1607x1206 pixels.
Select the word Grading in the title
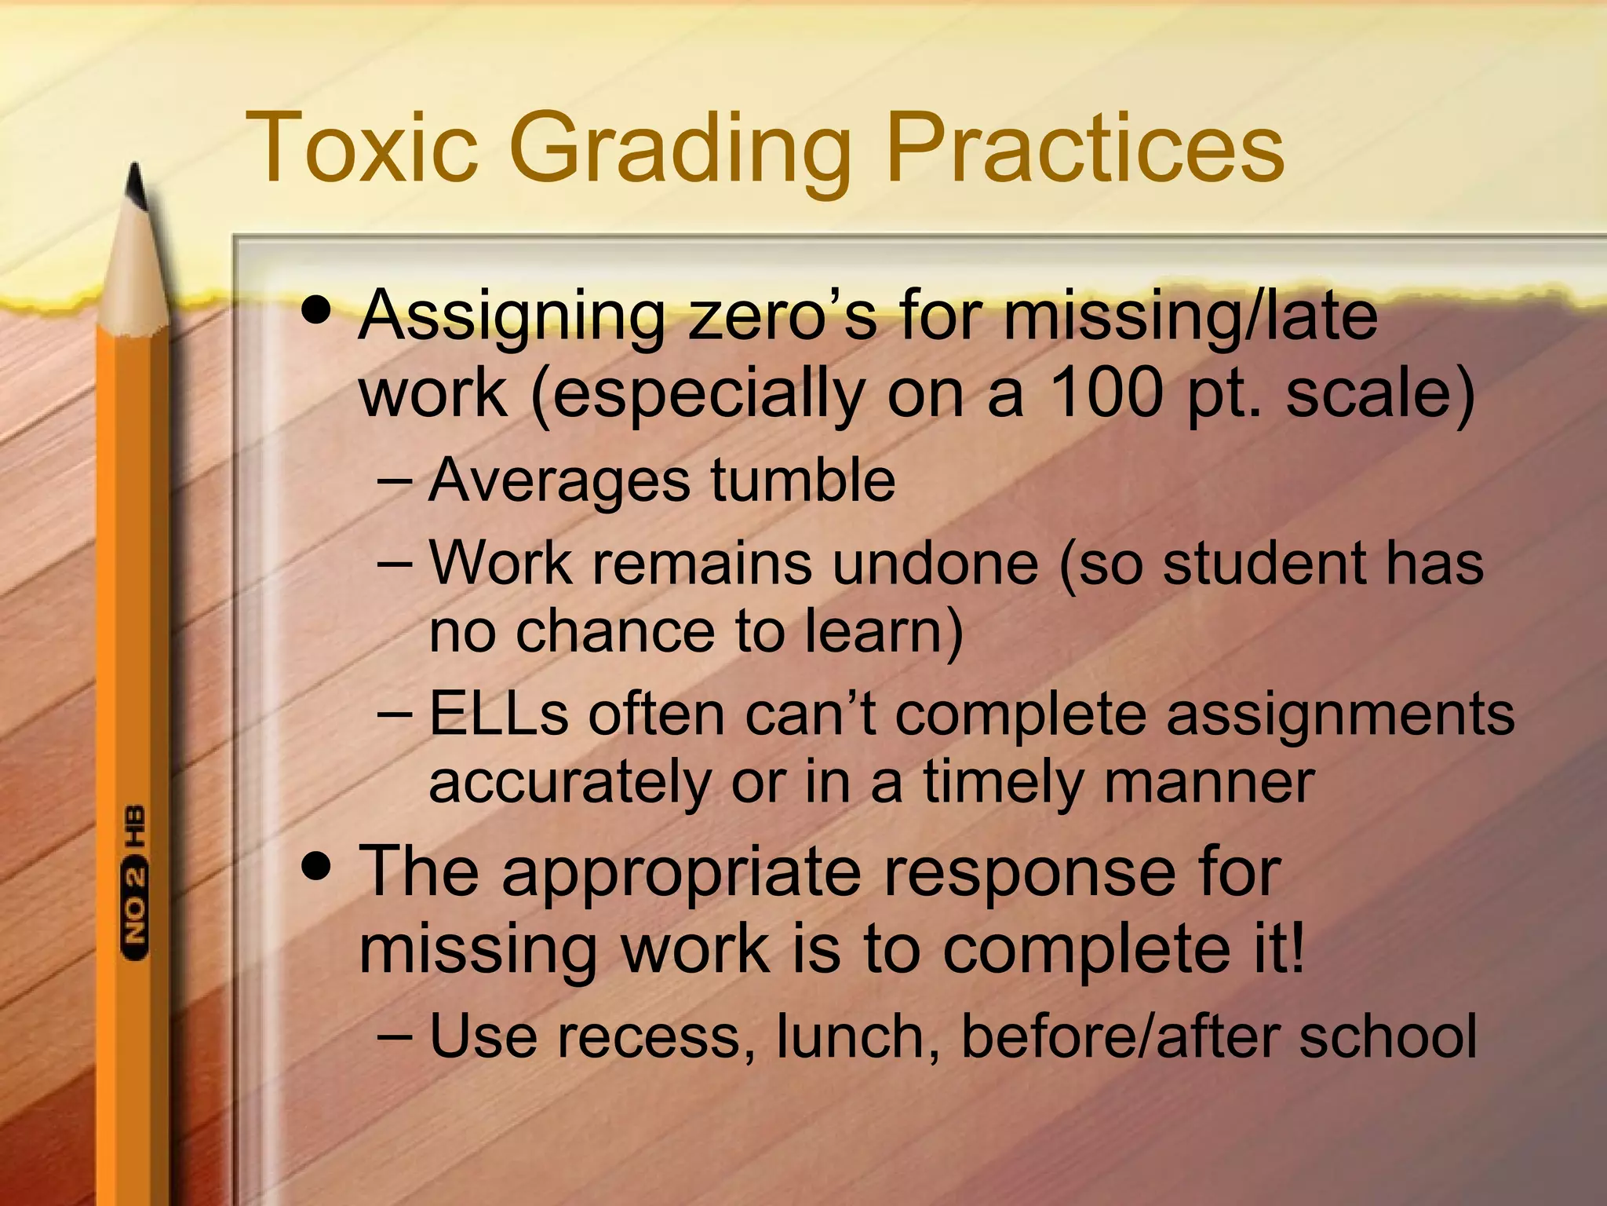point(680,149)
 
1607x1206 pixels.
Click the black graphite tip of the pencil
point(137,186)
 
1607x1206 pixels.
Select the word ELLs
point(499,714)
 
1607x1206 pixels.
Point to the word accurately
point(570,783)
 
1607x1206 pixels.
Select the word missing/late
point(1190,316)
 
